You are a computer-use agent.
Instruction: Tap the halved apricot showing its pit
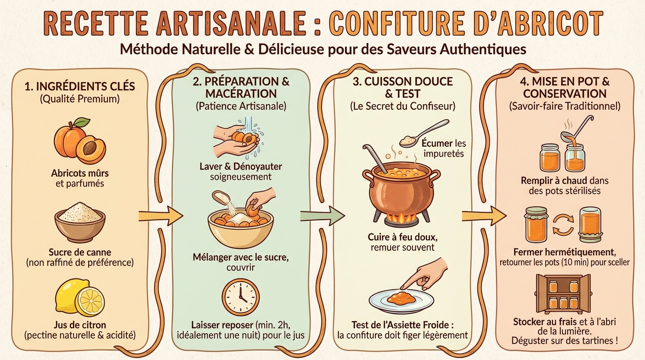click(91, 149)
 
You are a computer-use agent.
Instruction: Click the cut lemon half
click(89, 301)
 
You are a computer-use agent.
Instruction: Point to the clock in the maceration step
click(240, 297)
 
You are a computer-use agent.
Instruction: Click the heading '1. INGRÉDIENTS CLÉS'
click(79, 86)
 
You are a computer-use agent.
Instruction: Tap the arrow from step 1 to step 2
click(160, 216)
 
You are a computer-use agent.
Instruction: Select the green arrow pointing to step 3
click(322, 216)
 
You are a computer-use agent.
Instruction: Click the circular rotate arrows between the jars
click(564, 225)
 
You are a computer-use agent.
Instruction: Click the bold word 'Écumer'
click(437, 143)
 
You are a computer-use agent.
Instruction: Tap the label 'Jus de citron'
click(79, 325)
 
